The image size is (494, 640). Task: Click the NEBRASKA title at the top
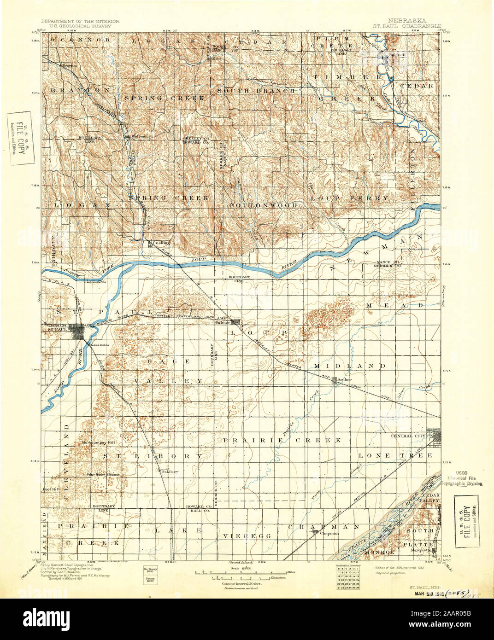pyautogui.click(x=407, y=21)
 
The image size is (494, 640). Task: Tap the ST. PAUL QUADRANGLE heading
pyautogui.click(x=407, y=27)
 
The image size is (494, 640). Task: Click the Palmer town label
pyautogui.click(x=223, y=323)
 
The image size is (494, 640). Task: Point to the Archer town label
pyautogui.click(x=345, y=379)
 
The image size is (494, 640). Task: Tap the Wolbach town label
pyautogui.click(x=139, y=137)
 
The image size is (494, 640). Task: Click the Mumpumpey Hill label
pyautogui.click(x=98, y=442)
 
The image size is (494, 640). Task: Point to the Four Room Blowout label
pyautogui.click(x=104, y=475)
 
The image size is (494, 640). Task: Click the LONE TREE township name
pyautogui.click(x=395, y=455)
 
